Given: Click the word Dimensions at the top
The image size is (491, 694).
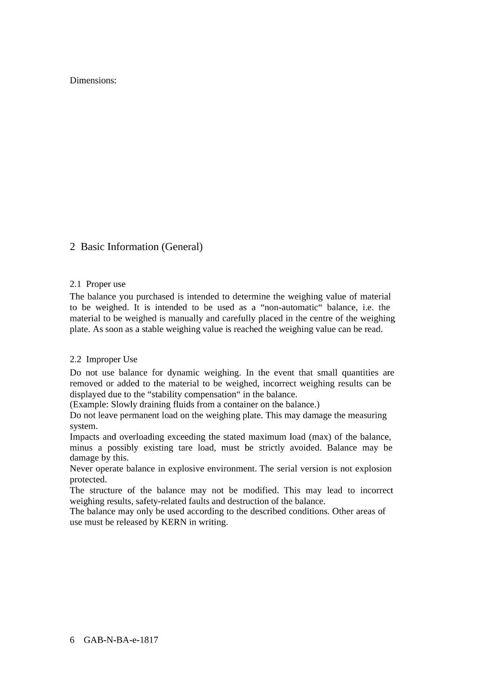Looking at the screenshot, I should [93, 81].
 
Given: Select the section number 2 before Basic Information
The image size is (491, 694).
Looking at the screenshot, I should [72, 247].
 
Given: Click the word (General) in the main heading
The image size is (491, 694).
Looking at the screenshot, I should [182, 247].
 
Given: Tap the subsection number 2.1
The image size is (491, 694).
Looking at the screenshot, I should [75, 284].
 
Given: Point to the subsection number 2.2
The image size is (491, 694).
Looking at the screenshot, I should [75, 359].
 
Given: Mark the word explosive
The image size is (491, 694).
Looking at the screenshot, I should [185, 469].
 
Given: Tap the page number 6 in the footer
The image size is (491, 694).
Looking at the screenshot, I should [72, 640].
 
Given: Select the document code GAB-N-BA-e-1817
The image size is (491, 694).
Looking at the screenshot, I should [121, 640].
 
